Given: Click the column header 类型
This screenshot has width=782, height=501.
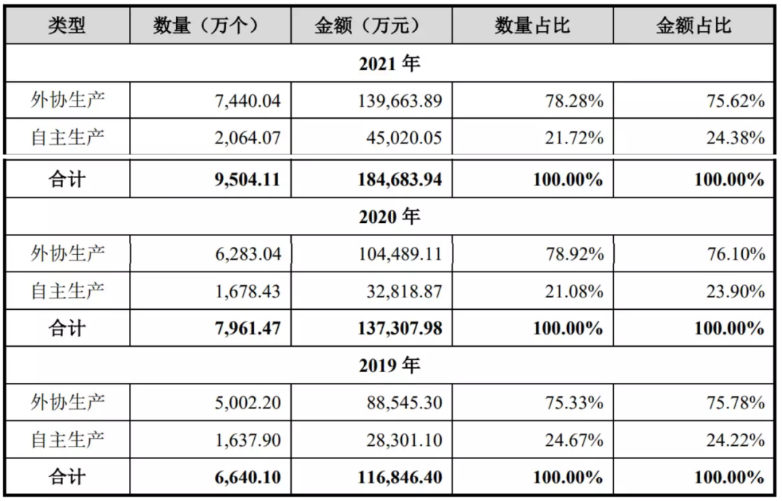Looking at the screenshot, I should (x=67, y=26).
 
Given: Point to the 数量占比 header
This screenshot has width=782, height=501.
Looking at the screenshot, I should (x=533, y=26).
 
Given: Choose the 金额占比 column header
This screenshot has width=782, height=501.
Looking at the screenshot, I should (x=694, y=26).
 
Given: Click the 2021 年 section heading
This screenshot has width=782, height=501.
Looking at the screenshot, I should (x=390, y=64).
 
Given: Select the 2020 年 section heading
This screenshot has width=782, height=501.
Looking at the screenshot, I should (x=390, y=216).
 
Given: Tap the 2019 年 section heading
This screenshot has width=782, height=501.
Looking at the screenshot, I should (x=390, y=366).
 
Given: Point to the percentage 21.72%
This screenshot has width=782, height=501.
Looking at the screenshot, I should (x=574, y=138).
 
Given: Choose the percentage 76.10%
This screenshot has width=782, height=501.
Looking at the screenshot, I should (x=736, y=254).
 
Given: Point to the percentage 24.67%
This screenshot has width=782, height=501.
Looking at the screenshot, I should (x=574, y=439).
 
